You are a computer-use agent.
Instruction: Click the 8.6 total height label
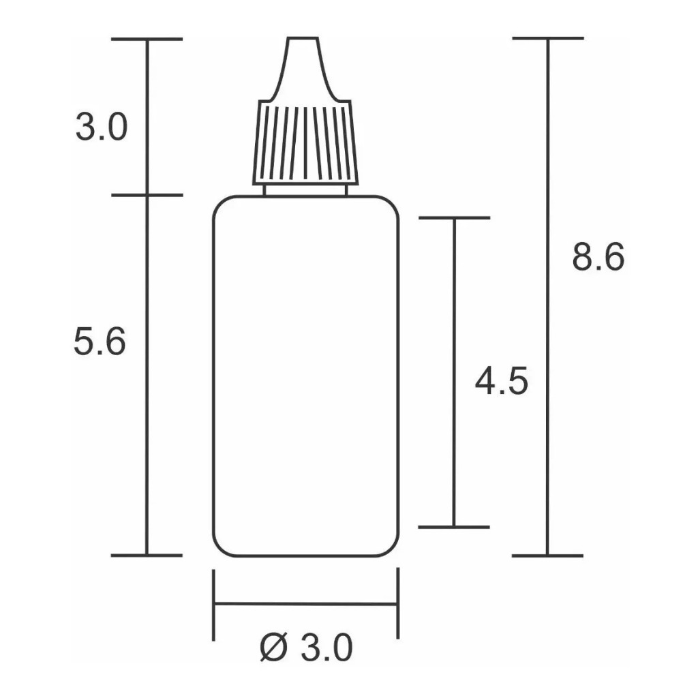coord(598,257)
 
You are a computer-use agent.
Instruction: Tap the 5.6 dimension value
coord(100,341)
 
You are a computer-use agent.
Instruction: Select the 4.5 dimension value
coord(501,381)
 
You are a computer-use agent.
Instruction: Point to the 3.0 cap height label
coord(102,127)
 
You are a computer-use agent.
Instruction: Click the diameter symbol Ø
coord(273,648)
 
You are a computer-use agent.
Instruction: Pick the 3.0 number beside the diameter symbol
coord(327,648)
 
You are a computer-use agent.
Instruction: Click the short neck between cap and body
coord(305,190)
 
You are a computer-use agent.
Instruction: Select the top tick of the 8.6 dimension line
coord(548,38)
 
